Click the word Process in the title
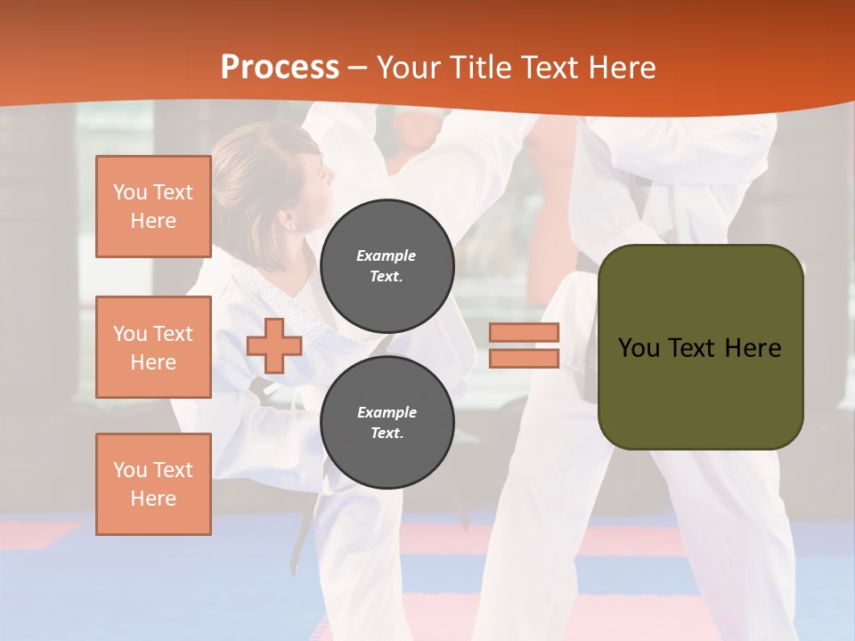[x=280, y=68]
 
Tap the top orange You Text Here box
[x=153, y=207]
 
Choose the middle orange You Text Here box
[x=153, y=347]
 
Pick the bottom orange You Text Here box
[x=153, y=484]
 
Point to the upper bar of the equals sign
[x=525, y=333]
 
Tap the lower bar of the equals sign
[x=525, y=359]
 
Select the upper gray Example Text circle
[x=387, y=265]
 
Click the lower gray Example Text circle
[x=387, y=422]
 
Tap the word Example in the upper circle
[x=387, y=256]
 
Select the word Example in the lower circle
[x=387, y=412]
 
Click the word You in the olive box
[x=639, y=348]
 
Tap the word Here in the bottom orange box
[x=153, y=499]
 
